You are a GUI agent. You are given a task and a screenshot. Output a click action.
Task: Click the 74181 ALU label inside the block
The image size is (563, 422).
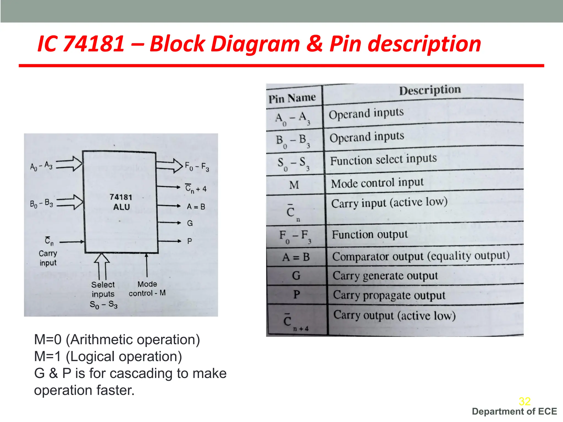[x=121, y=202]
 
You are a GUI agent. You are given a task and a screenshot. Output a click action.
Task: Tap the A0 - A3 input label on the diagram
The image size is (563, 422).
[x=41, y=166]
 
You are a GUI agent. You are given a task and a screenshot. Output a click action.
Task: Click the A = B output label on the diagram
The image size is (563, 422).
[x=196, y=207]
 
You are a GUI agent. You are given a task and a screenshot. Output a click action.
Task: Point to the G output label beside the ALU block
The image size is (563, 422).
[x=190, y=223]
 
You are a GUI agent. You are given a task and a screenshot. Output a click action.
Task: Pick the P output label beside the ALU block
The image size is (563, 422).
[x=190, y=241]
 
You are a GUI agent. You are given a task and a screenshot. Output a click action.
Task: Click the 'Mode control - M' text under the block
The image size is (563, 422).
[x=147, y=288]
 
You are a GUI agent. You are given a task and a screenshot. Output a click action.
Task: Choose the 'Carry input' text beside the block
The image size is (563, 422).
[x=48, y=258]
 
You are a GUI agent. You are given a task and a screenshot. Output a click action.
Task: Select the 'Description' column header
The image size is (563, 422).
[x=430, y=90]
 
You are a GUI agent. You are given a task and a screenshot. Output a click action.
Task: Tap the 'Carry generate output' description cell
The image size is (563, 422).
[x=385, y=276]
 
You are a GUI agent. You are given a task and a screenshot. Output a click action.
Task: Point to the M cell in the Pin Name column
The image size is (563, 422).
[x=294, y=185]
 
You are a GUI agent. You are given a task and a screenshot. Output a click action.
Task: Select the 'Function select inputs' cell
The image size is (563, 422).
[x=383, y=160]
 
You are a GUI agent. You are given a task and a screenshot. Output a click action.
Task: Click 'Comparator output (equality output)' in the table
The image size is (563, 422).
[x=421, y=256]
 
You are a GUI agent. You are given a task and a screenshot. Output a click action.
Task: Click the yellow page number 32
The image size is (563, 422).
[x=525, y=401]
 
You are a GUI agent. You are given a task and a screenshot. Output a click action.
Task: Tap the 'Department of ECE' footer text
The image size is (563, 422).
[x=514, y=412]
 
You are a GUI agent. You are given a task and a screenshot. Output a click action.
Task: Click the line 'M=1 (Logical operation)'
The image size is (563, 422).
[x=108, y=357]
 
